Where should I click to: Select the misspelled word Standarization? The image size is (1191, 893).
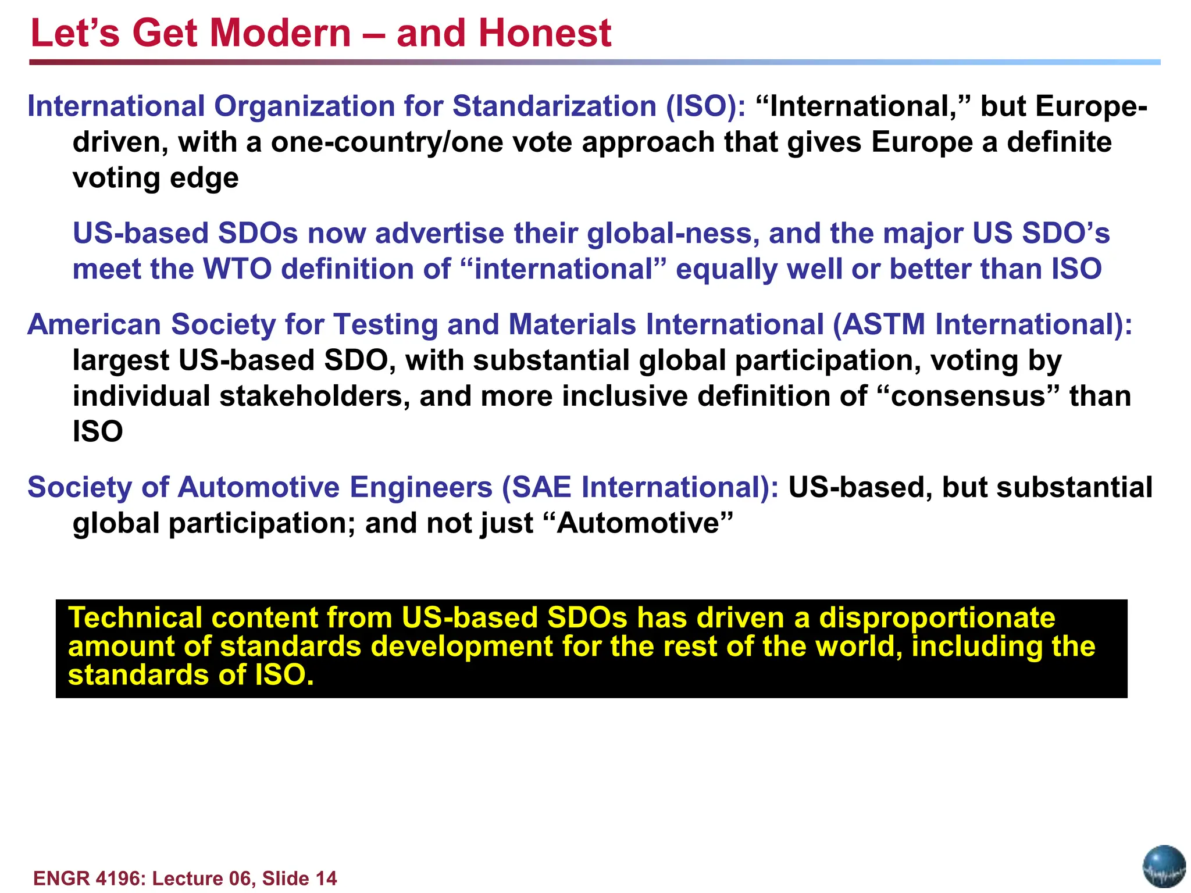tap(554, 107)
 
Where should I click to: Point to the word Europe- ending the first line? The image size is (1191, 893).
tap(1091, 107)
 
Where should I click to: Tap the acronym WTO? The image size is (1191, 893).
tap(237, 270)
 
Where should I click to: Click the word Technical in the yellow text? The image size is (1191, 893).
tap(135, 618)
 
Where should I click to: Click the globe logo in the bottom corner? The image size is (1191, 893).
tap(1164, 867)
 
